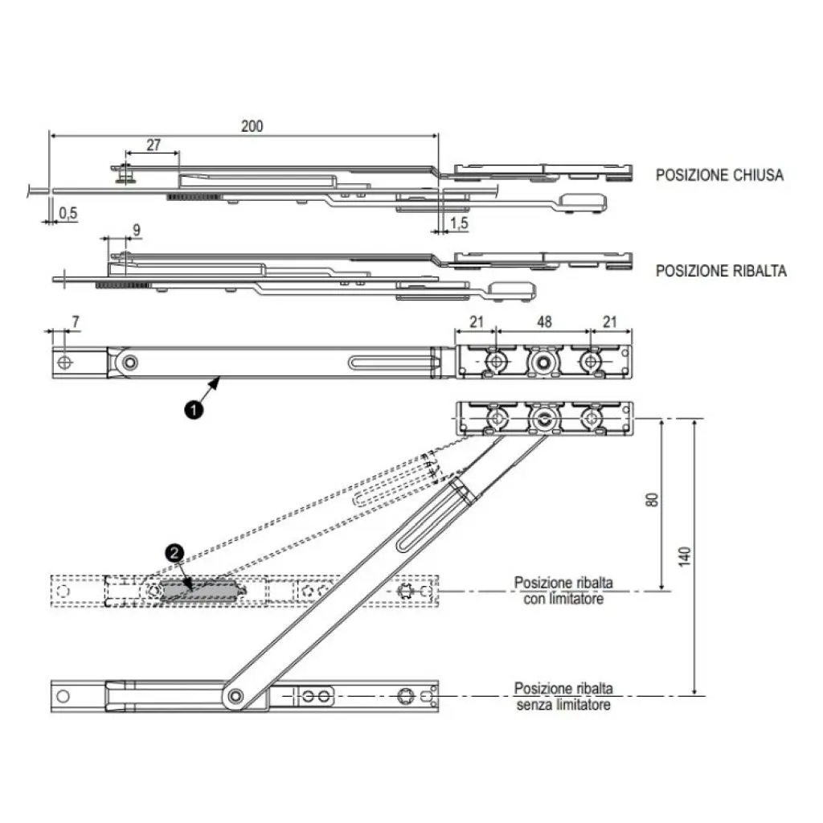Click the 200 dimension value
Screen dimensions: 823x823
pos(252,126)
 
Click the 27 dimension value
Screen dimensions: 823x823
pos(152,145)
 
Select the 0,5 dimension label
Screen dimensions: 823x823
pos(68,213)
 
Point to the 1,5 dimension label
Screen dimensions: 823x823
pos(458,223)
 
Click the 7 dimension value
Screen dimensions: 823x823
pos(76,322)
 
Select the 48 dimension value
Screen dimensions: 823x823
pos(543,322)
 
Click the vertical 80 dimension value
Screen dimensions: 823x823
pos(653,499)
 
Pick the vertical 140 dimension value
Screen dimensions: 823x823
pos(684,555)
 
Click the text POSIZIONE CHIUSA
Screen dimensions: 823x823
pos(719,174)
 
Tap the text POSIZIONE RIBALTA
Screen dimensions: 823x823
pos(721,271)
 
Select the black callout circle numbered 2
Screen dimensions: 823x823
pos(173,553)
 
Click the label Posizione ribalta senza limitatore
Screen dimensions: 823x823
pos(563,697)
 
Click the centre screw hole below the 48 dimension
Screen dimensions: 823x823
pos(545,362)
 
